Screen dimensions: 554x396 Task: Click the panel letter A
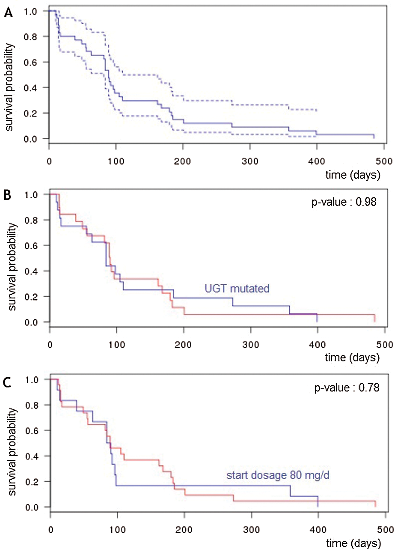8,13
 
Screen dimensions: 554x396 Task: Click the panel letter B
7,195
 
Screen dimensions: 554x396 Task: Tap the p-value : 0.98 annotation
344,202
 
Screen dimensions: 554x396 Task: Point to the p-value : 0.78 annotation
347,388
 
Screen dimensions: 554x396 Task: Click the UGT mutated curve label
237,289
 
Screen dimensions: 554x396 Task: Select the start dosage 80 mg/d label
278,475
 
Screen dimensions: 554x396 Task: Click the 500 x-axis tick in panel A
384,161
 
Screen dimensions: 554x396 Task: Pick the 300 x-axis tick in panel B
251,345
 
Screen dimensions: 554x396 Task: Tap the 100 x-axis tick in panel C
118,530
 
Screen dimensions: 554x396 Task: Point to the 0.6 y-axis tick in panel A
31,62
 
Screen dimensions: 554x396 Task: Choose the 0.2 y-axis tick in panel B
31,297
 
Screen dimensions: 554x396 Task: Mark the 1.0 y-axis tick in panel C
32,380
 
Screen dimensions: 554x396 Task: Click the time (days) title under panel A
353,175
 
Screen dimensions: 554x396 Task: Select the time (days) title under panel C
353,543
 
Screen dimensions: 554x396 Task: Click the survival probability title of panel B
12,266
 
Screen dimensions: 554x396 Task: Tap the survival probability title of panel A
10,87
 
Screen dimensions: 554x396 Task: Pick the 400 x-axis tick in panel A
317,161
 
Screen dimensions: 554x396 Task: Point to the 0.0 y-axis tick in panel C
32,507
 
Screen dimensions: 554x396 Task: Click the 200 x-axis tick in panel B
183,345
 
